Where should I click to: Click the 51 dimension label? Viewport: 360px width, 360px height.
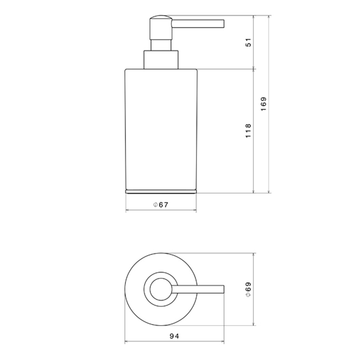coord(248,43)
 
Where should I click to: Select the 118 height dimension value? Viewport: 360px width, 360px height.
coord(248,131)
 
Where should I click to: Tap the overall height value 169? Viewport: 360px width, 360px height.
coord(263,104)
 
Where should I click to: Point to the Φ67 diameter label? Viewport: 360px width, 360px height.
coord(160,205)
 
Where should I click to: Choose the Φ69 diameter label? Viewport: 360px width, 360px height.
coord(248,290)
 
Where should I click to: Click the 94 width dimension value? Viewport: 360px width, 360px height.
coord(174,336)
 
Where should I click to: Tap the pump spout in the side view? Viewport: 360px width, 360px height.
coord(198,24)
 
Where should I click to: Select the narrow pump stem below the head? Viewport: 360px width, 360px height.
coord(160,45)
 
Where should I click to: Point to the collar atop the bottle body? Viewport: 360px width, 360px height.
coord(161,60)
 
